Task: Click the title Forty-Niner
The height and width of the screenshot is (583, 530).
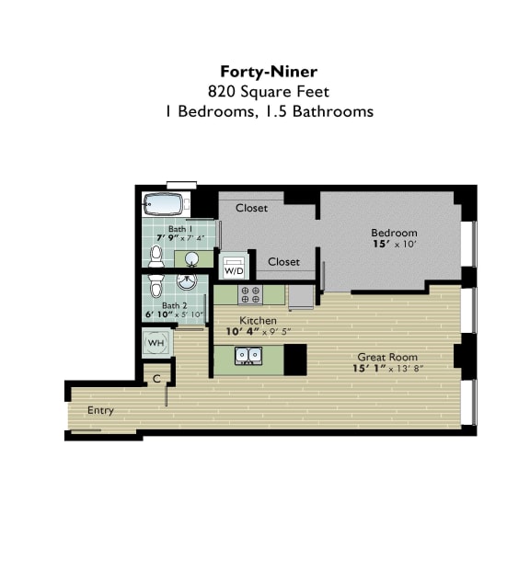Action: (x=264, y=71)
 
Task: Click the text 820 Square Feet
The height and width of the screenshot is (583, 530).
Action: (x=264, y=91)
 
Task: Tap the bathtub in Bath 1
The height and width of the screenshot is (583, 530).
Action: (x=166, y=204)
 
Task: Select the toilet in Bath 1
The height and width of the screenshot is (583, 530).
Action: (x=156, y=255)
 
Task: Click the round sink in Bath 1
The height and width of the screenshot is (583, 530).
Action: (x=193, y=258)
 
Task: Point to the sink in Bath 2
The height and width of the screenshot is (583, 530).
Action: (x=188, y=281)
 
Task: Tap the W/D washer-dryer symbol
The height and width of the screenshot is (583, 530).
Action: (x=235, y=269)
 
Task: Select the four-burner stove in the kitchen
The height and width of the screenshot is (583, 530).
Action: (x=249, y=295)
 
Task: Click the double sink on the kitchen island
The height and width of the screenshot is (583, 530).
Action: (x=248, y=355)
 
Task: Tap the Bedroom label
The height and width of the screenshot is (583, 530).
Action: (x=394, y=233)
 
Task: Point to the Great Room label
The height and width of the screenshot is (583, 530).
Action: (x=387, y=357)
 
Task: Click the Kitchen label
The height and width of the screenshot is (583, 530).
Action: (x=233, y=320)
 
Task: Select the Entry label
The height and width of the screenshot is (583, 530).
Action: (x=100, y=410)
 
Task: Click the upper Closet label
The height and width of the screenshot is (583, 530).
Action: (x=251, y=208)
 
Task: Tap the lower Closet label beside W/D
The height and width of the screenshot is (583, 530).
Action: (x=283, y=262)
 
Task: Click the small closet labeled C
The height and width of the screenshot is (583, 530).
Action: (x=156, y=378)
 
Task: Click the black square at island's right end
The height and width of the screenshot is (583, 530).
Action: (x=294, y=360)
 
